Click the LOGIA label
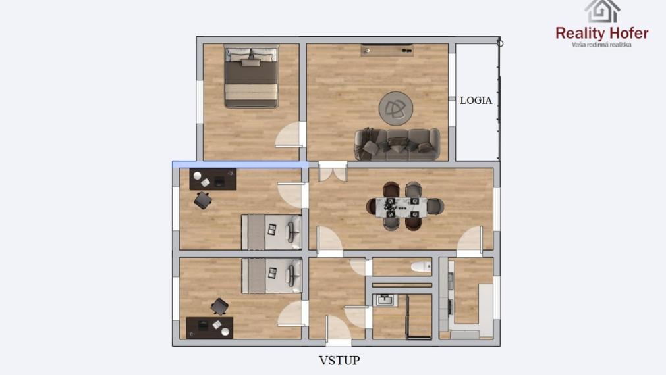476,101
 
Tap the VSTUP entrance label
339,360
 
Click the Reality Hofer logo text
601,33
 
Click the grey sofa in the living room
397,144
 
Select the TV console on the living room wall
387,50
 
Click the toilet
419,267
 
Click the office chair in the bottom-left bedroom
219,306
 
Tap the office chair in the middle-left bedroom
203,200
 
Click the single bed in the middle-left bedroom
271,232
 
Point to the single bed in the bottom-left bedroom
271,275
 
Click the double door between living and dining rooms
332,172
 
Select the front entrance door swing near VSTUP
337,328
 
